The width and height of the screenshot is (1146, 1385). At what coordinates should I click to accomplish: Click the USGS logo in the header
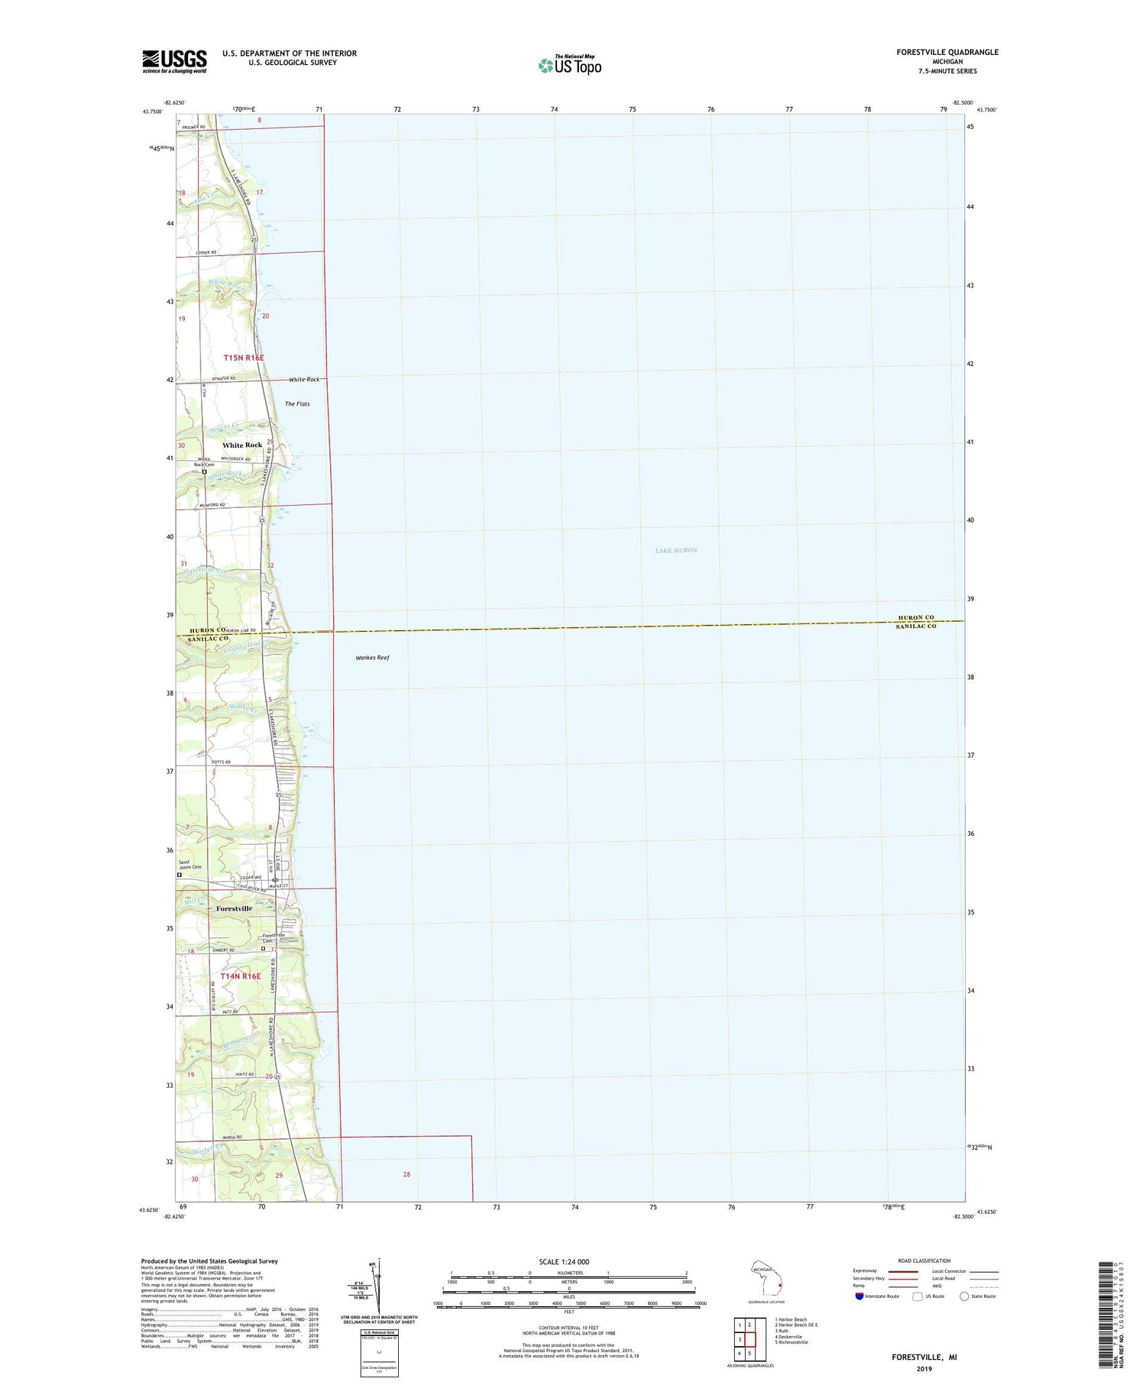click(174, 61)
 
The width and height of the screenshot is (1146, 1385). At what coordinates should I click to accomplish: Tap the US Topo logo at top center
click(570, 66)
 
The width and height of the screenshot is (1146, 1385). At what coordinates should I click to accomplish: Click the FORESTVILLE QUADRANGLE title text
click(947, 52)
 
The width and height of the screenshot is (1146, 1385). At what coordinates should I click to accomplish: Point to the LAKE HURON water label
click(676, 550)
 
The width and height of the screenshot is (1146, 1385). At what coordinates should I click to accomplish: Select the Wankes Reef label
click(372, 657)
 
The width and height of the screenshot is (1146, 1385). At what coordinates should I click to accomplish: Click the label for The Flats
click(297, 403)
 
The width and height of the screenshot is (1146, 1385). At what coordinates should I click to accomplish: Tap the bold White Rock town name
click(242, 445)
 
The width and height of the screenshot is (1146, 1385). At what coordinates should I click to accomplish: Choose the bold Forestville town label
click(234, 908)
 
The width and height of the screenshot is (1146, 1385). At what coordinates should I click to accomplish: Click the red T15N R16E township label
click(244, 358)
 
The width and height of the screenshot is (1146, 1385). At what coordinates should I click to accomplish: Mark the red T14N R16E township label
click(241, 976)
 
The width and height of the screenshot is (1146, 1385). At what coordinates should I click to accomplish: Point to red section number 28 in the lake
click(406, 1174)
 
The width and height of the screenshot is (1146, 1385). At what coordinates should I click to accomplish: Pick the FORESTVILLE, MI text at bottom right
click(924, 1357)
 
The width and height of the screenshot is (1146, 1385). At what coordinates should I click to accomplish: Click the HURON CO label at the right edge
click(915, 617)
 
